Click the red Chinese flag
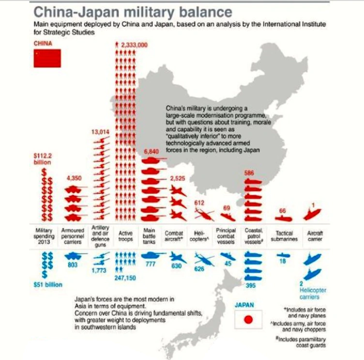pos(47,58)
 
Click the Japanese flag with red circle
pos(248,320)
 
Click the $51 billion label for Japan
pos(47,284)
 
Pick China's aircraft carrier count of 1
pos(314,205)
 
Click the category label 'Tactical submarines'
pos(284,236)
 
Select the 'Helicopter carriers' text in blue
pos(313,293)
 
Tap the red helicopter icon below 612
pos(201,214)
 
